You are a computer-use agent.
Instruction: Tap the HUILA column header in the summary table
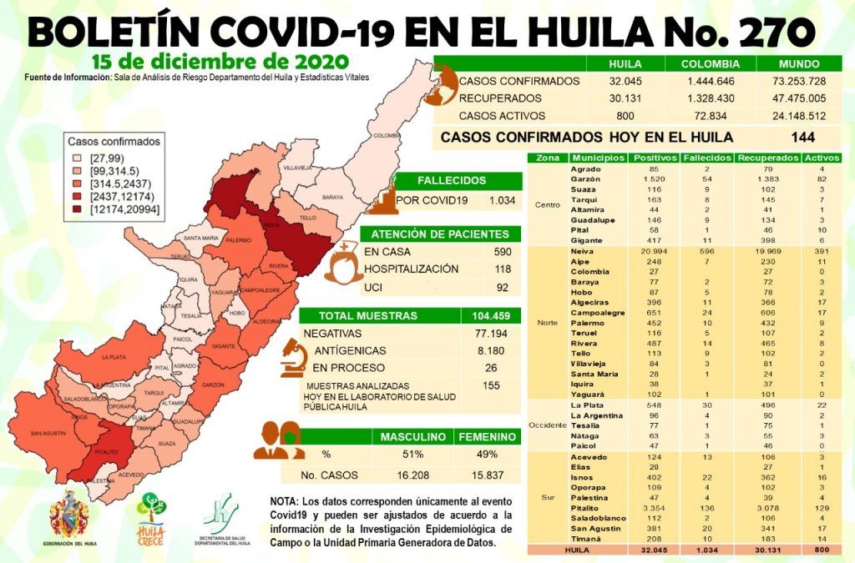coord(625,63)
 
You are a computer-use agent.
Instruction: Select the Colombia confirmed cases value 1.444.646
coord(710,81)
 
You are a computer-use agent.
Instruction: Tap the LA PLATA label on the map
coord(114,358)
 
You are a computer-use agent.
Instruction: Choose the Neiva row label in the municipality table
coord(582,250)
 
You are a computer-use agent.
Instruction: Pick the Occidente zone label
coord(546,425)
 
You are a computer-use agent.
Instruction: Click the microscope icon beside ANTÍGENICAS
coord(294,358)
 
